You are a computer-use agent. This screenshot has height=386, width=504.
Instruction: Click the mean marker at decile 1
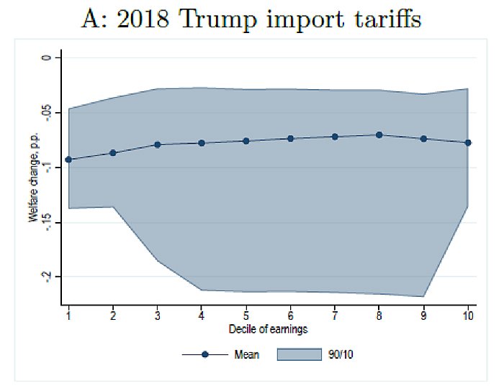68,160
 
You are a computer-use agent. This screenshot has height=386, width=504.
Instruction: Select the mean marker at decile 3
157,144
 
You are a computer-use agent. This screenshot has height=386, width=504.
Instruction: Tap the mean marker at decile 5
246,141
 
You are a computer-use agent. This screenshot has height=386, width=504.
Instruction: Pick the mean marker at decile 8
379,135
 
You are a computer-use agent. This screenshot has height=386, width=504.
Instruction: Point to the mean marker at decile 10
468,142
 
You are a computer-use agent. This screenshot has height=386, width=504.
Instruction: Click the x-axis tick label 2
113,316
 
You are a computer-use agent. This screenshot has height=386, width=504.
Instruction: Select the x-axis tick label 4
202,316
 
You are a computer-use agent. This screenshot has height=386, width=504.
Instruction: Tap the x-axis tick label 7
335,316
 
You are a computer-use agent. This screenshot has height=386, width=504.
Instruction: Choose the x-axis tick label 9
423,316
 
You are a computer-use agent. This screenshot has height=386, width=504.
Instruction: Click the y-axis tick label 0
48,58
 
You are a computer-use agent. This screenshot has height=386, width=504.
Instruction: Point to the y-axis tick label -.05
48,112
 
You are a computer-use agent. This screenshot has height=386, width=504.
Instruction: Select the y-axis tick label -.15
48,222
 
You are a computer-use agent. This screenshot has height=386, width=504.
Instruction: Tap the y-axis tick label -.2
48,277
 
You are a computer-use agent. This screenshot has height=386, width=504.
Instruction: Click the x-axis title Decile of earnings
268,329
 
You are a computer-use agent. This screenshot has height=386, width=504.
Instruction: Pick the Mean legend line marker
204,355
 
